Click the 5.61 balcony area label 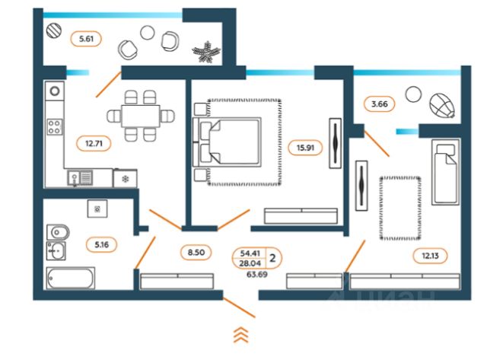pos(86,39)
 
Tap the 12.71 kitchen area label pos(94,144)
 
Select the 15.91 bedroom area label pos(305,148)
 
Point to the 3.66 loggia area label pos(379,104)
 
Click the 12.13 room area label pos(430,256)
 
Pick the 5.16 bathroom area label pos(101,245)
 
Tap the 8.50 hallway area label pos(196,252)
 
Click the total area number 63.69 pos(257,274)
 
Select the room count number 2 pos(272,258)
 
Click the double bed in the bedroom pos(227,142)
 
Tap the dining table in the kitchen pos(141,116)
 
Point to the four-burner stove pos(54,127)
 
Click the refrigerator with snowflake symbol pos(125,178)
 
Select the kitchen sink pos(80,178)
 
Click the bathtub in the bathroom pos(71,278)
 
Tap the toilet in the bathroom pos(58,232)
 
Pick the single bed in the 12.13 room pos(446,172)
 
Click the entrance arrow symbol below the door pos(241,335)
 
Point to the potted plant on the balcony pos(206,52)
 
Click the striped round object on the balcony pos(54,30)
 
